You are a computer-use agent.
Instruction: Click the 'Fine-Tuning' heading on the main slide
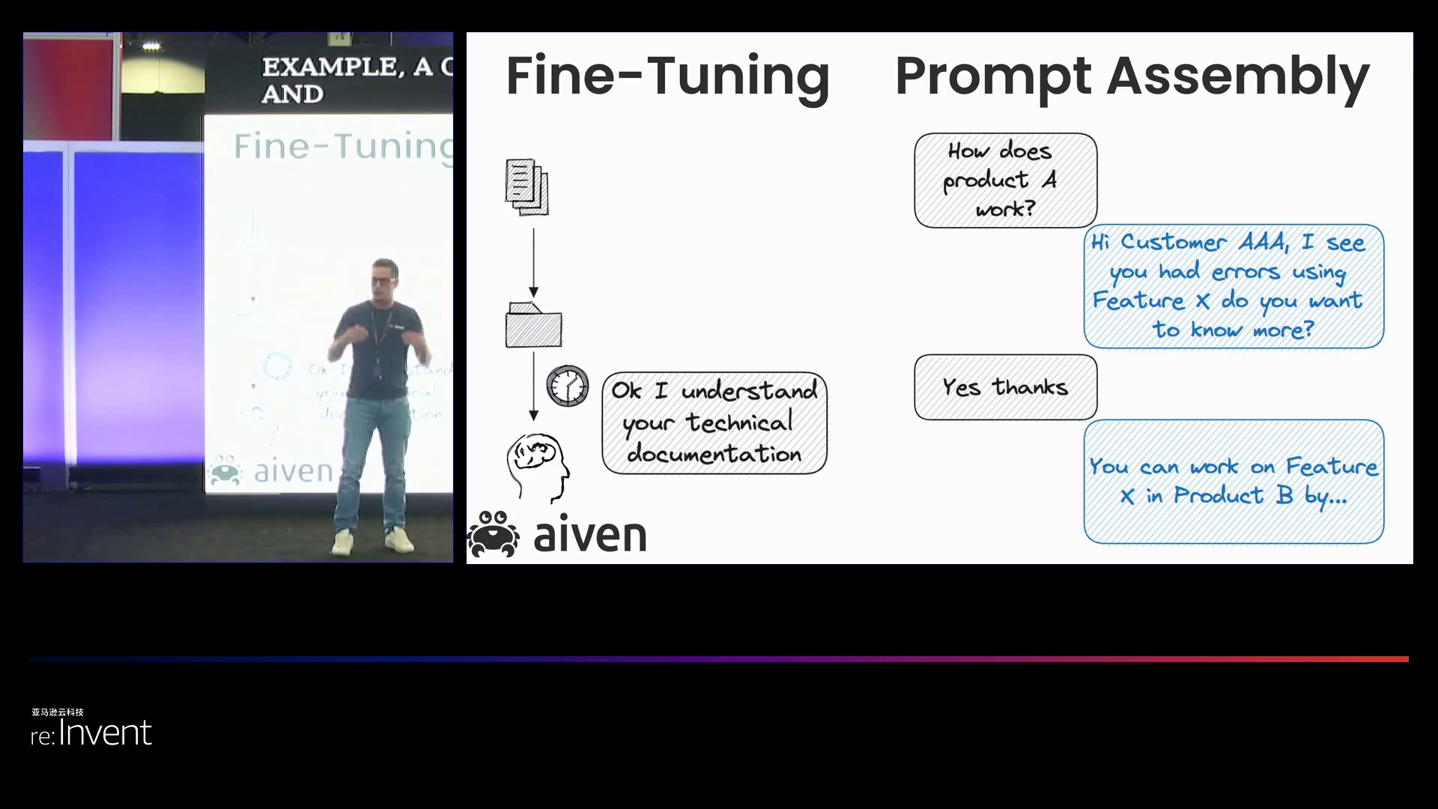click(667, 76)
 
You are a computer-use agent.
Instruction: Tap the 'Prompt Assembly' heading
click(1132, 76)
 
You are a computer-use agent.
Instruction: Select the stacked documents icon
click(527, 187)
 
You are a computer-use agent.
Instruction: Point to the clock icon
click(567, 386)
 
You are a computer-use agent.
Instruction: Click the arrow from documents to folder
click(534, 262)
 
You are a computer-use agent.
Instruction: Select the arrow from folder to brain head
click(534, 386)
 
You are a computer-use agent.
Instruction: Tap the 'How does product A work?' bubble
click(1005, 181)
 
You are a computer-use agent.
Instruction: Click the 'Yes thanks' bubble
click(1005, 387)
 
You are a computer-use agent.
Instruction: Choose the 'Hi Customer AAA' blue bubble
click(1234, 286)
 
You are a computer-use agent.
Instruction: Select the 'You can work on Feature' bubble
click(1234, 481)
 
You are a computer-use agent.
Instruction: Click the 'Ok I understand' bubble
click(714, 422)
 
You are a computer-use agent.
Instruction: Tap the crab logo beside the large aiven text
click(494, 533)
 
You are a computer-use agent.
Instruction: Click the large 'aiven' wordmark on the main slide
click(590, 535)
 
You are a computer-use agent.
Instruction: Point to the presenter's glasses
click(383, 280)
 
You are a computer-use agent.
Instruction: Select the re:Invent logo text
click(91, 733)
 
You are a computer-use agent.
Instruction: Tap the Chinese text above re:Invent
click(58, 712)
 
